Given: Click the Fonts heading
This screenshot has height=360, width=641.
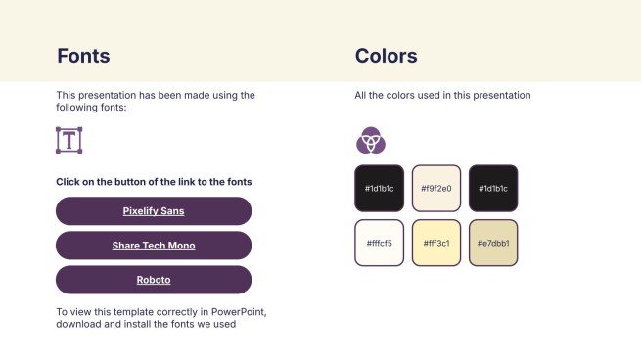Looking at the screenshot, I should [x=83, y=56].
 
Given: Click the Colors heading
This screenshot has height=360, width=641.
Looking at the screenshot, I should [x=386, y=56].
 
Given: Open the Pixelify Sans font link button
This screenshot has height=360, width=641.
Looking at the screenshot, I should [x=154, y=210].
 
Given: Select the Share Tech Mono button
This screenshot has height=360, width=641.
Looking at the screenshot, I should [x=154, y=246].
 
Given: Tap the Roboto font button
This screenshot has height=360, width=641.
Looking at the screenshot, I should [x=154, y=280].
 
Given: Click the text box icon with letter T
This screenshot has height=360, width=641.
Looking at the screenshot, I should [x=69, y=140].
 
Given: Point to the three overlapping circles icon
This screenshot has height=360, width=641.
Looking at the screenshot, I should [x=370, y=141].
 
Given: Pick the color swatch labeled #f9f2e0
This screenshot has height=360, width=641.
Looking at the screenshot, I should [x=435, y=188].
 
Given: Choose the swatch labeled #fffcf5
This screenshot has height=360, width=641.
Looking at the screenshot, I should [x=379, y=243].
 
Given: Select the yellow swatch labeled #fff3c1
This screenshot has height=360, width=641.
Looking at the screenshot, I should [x=435, y=243].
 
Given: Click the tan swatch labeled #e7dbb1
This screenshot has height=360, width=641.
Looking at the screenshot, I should [x=492, y=243].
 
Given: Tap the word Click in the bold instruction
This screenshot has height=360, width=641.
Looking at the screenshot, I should [x=68, y=182].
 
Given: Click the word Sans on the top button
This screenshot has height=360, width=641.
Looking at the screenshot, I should [x=172, y=210].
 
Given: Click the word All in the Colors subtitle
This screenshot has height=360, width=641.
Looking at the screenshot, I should [x=360, y=96].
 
